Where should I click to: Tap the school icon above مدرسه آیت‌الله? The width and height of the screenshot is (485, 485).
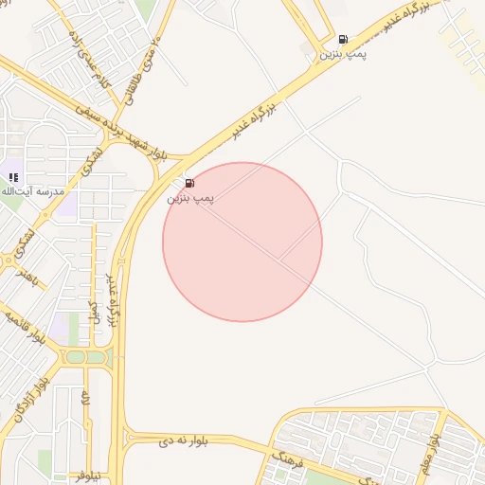point(14,176)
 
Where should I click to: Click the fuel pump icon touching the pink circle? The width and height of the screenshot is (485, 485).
point(189,183)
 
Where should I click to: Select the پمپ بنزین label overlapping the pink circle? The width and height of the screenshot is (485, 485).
point(191,198)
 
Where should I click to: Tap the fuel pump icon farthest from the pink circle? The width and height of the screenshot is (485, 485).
point(342,40)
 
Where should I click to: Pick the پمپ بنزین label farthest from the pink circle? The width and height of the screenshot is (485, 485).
point(342,55)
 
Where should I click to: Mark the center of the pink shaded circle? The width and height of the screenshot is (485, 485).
point(242,242)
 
